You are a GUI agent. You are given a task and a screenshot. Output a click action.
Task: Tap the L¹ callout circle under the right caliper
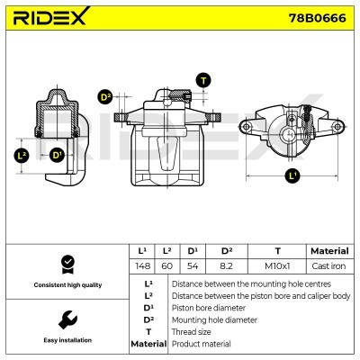click(x=291, y=176)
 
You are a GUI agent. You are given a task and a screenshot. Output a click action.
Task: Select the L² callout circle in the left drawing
click(x=22, y=155)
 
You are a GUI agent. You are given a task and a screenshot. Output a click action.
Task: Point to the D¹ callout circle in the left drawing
click(x=58, y=155)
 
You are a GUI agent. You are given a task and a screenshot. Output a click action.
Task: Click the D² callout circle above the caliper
click(x=104, y=97)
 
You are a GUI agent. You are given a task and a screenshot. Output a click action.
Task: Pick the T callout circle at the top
click(x=204, y=80)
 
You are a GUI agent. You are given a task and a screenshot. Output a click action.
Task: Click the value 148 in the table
click(x=142, y=265)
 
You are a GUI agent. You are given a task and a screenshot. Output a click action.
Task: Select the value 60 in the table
click(x=166, y=265)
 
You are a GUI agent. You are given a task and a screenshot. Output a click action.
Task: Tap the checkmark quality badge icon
click(x=65, y=264)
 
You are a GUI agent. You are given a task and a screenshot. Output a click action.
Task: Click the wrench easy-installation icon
click(x=65, y=319)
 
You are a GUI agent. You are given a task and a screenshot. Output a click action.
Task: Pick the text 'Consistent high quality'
click(x=65, y=284)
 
